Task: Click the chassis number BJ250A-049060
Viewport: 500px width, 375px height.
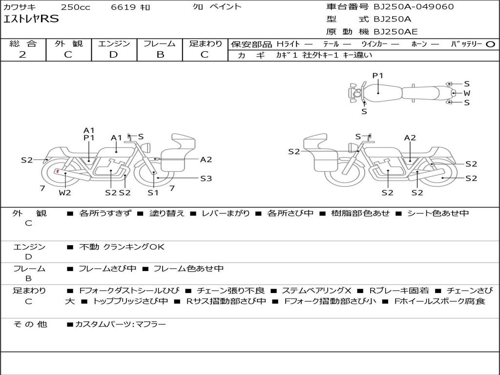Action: pos(414,6)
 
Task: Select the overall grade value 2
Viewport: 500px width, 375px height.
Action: pos(22,55)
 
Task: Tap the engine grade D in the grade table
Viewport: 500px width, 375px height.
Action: pos(114,55)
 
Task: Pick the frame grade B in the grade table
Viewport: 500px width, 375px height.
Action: pos(160,55)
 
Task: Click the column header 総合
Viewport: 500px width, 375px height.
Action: pos(23,43)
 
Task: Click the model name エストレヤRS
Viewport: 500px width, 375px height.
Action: pos(31,19)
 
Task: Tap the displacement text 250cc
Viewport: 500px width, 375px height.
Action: pos(75,7)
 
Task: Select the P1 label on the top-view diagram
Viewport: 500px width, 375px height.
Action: pos(378,76)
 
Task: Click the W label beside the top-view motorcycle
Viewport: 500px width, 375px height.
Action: pos(467,93)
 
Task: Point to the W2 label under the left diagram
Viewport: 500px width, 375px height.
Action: pos(65,192)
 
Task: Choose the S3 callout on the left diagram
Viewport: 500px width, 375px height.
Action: pos(206,179)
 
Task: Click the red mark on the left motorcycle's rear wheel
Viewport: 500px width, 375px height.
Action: pos(58,171)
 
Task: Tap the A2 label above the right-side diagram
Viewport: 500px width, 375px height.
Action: pos(410,138)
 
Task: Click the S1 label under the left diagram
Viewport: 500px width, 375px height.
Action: pos(153,192)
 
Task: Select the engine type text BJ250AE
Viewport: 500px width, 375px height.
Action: pos(396,32)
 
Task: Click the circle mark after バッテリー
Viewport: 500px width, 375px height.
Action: pos(490,44)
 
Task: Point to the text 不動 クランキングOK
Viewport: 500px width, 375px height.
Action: pos(122,247)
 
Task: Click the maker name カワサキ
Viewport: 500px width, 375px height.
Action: pos(20,7)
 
